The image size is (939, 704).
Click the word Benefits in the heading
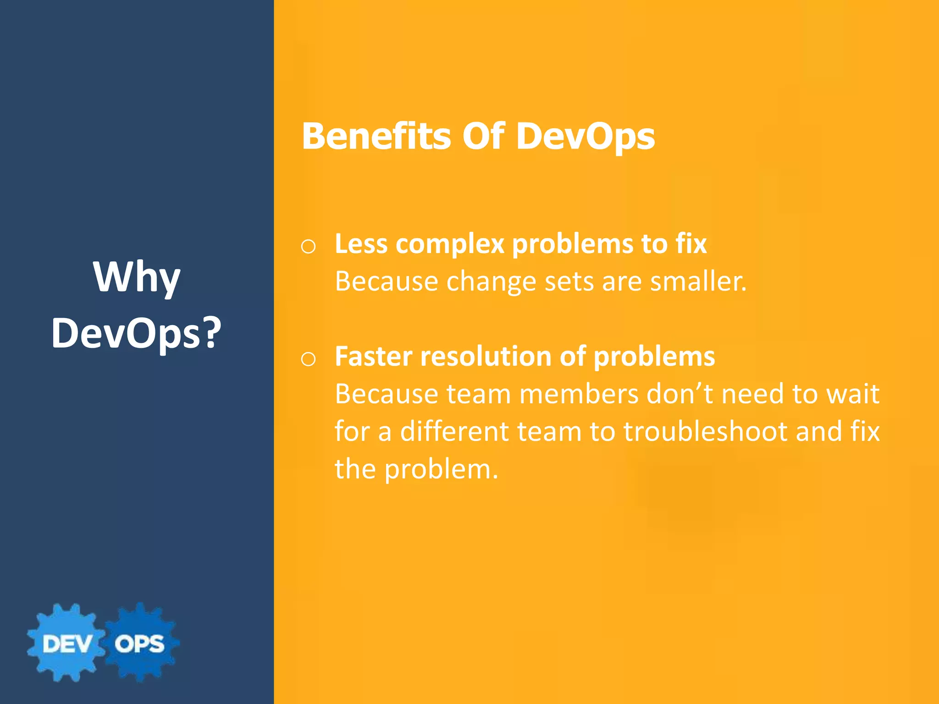tap(376, 136)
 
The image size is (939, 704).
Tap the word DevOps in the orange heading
tap(585, 136)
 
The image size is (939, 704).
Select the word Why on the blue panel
tap(137, 277)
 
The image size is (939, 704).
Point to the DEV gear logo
tap(66, 643)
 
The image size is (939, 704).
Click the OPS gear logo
tap(140, 643)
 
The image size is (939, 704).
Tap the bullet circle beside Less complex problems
tap(308, 247)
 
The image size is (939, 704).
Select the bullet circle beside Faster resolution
tap(308, 359)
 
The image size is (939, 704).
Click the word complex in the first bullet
tap(450, 244)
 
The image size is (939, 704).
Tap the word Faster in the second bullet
tap(374, 356)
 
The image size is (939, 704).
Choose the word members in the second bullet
tap(579, 394)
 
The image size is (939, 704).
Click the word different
tap(454, 431)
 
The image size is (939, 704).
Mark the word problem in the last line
tap(441, 470)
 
